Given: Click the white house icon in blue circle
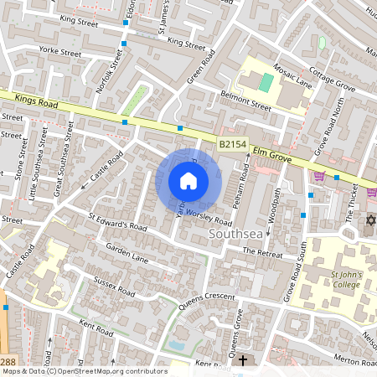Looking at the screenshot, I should point(188,181).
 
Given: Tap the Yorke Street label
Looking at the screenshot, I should point(59,53).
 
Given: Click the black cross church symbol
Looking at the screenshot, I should point(243,360).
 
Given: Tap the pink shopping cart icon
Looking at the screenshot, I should point(319,175).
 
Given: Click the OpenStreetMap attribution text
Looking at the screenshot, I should point(84,370).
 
